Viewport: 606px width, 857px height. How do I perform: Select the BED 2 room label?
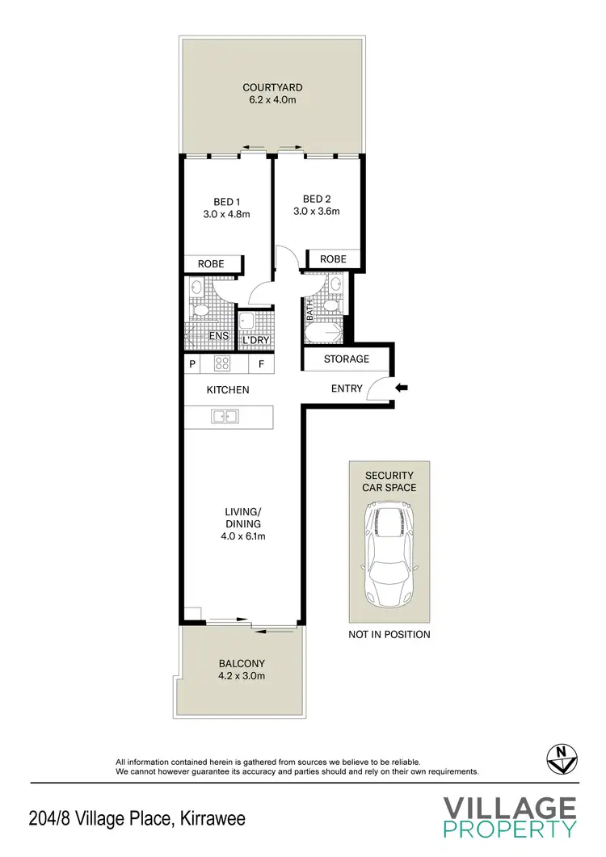[317, 199]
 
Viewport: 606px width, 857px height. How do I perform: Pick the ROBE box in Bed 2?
[333, 259]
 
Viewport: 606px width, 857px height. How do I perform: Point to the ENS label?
[217, 335]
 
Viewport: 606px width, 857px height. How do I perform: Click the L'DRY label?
[256, 341]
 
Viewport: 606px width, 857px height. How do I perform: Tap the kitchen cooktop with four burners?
[223, 364]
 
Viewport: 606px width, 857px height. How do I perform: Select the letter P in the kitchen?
[192, 364]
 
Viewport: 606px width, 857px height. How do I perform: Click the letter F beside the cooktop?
[261, 364]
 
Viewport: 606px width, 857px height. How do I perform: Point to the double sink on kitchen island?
[224, 417]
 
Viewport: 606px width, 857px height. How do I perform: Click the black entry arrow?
[402, 389]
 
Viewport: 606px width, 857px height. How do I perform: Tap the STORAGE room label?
[347, 359]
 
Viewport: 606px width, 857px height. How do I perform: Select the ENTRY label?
[347, 389]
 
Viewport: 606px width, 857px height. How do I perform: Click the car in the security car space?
[389, 557]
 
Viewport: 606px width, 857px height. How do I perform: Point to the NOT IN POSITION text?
[389, 635]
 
